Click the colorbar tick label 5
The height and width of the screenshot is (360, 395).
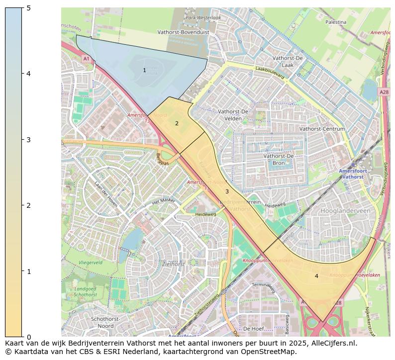(x=28, y=7)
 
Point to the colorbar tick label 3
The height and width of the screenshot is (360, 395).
(x=28, y=139)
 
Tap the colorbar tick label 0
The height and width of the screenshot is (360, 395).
(x=28, y=337)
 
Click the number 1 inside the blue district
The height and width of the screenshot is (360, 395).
(x=145, y=71)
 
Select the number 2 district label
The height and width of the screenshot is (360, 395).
(x=177, y=123)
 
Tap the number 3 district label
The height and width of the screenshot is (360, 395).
(x=227, y=191)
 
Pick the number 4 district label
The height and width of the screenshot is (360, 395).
(x=316, y=276)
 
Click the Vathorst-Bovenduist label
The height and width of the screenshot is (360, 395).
(x=183, y=31)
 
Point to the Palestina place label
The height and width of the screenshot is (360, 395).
(x=336, y=22)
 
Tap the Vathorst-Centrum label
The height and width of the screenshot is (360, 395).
(x=322, y=129)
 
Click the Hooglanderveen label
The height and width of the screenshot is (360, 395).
(x=346, y=211)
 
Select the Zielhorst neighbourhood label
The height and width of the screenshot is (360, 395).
(x=174, y=264)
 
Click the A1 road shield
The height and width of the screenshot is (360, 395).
(x=86, y=59)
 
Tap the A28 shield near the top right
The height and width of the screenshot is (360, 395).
(x=384, y=92)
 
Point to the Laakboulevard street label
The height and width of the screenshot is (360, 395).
(x=269, y=73)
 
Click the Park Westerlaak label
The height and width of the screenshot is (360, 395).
(x=203, y=17)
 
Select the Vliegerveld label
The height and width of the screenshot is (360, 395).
(x=91, y=262)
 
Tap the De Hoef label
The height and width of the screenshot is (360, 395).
(x=253, y=329)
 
